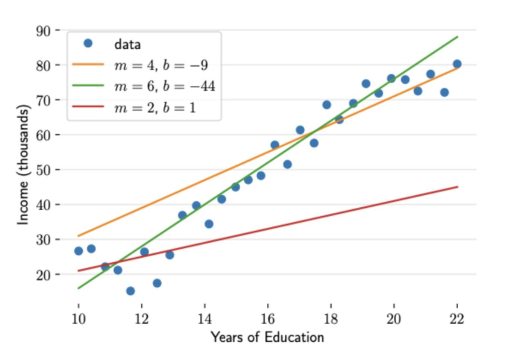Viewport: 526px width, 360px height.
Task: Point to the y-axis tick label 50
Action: (x=43, y=170)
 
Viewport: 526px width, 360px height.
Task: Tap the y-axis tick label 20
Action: (x=43, y=276)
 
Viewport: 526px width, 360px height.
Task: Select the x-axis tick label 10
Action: (x=79, y=319)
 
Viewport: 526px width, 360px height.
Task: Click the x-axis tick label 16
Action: (x=268, y=319)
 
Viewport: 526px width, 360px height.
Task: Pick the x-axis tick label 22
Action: (x=457, y=319)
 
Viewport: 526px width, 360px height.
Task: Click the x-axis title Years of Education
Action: (x=268, y=338)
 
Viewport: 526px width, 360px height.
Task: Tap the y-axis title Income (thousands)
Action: (x=23, y=165)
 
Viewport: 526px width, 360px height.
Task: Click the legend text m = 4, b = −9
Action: (x=161, y=65)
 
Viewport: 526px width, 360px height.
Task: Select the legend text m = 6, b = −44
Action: (x=165, y=86)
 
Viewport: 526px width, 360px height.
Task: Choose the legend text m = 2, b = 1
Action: (x=155, y=108)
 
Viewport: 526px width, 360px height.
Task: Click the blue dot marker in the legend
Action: (x=88, y=43)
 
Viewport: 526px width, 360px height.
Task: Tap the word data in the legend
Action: (x=128, y=44)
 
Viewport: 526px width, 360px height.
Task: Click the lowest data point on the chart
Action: (x=130, y=291)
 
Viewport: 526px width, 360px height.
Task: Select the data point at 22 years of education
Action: (x=457, y=64)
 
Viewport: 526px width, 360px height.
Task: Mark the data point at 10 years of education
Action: (x=79, y=251)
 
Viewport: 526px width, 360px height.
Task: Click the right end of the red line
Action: (x=458, y=187)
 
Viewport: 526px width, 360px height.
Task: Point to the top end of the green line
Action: (x=458, y=37)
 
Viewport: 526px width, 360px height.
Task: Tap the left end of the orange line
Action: (x=78, y=236)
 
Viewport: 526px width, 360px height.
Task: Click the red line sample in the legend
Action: (x=88, y=106)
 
